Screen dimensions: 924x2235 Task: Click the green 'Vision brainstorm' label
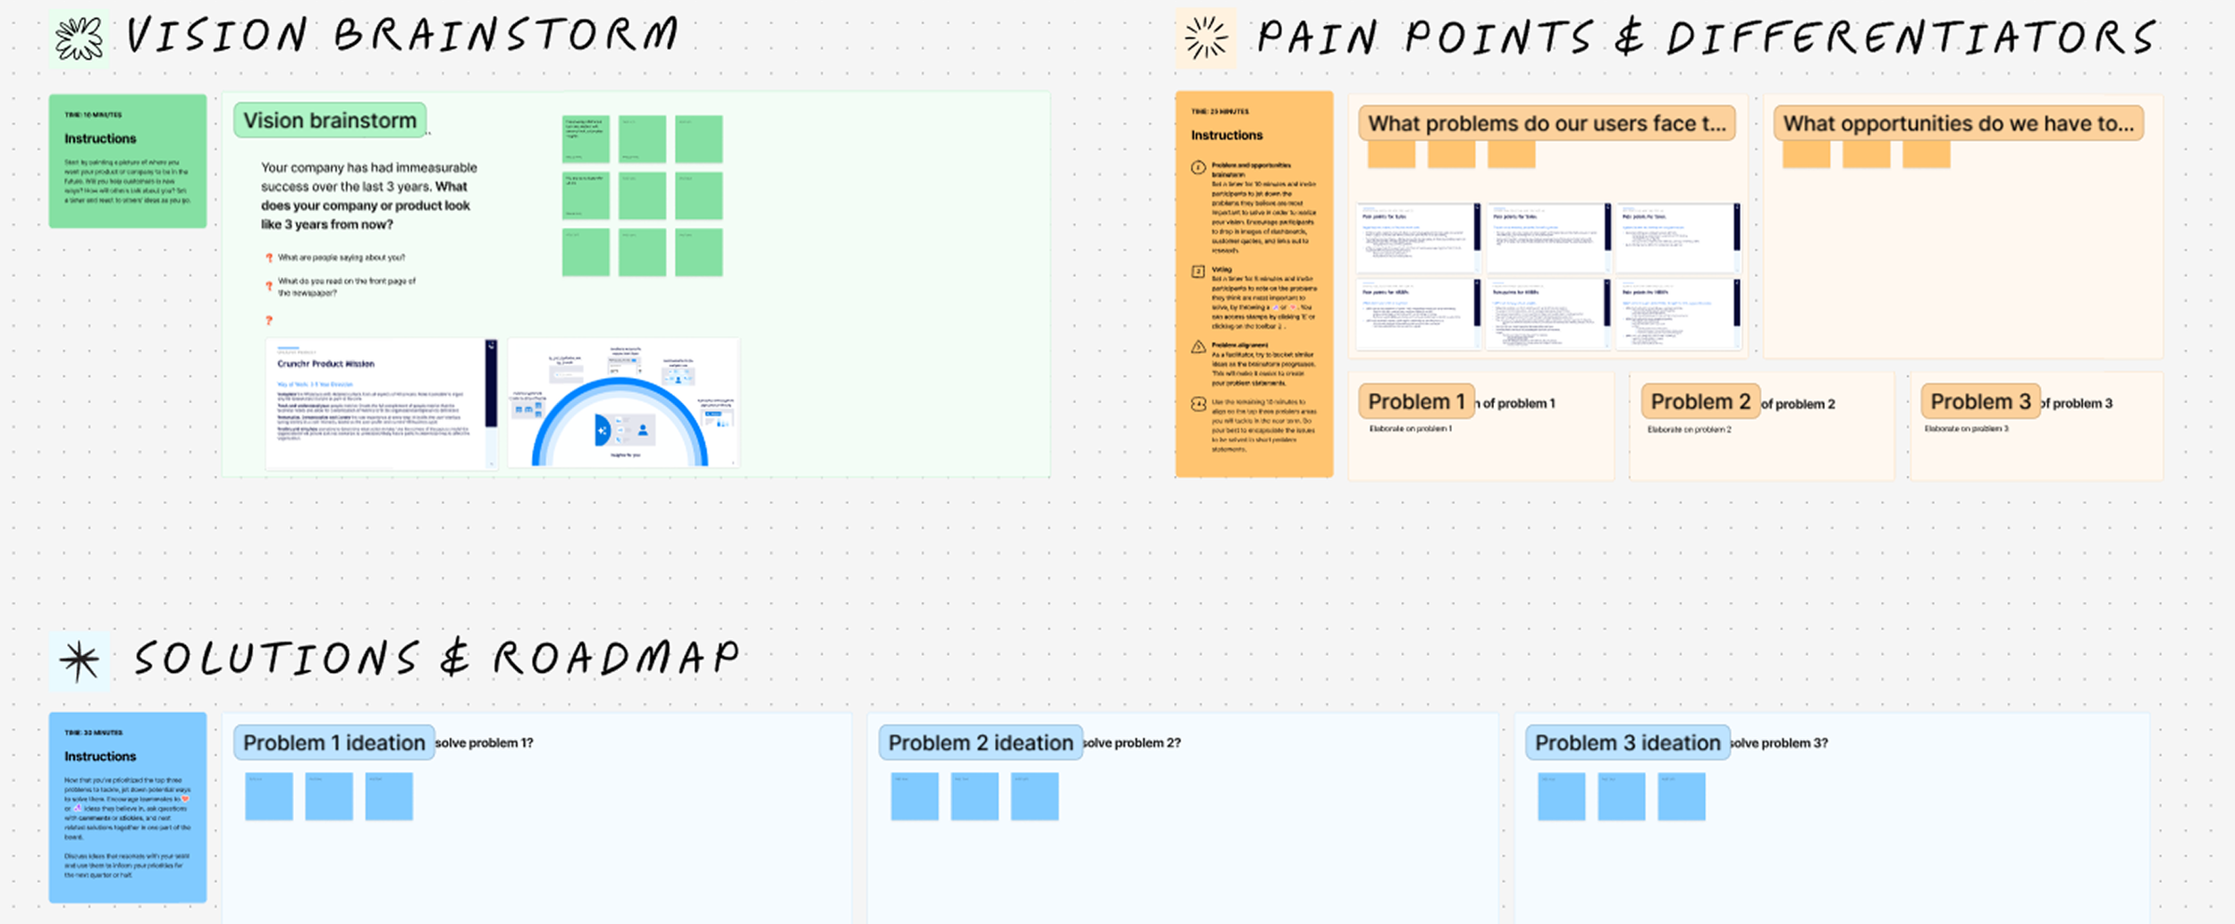[x=330, y=121]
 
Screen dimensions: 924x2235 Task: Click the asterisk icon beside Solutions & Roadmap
[x=80, y=661]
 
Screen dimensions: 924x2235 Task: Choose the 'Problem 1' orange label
[x=1416, y=402]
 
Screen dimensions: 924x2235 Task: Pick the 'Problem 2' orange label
[x=1699, y=402]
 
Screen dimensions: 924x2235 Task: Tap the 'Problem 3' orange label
[x=1980, y=402]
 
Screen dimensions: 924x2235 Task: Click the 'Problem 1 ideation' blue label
[x=333, y=743]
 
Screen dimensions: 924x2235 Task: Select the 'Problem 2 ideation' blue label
[x=980, y=743]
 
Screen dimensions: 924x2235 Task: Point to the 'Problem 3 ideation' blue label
[x=1627, y=743]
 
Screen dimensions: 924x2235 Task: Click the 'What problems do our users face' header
[x=1547, y=123]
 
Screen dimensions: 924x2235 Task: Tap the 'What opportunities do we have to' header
[x=1958, y=123]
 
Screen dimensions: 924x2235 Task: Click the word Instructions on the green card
[x=100, y=139]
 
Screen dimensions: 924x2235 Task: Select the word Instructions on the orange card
[x=1227, y=135]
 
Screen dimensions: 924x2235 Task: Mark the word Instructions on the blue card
[x=100, y=756]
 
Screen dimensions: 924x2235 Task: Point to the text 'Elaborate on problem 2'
[x=1689, y=430]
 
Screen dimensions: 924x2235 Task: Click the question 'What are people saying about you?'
[x=341, y=257]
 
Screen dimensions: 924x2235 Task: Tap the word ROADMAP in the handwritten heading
[x=616, y=659]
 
